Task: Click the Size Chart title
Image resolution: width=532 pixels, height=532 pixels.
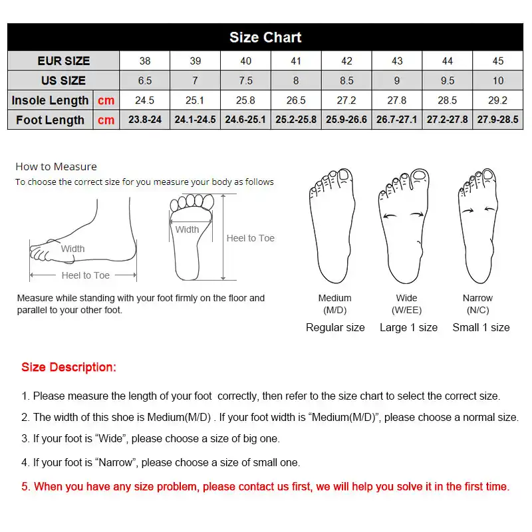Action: click(265, 37)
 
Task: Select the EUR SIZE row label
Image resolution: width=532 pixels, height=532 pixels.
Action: click(63, 61)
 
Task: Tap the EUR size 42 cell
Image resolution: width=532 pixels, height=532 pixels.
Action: click(346, 61)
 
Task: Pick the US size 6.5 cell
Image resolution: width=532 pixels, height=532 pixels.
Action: click(144, 80)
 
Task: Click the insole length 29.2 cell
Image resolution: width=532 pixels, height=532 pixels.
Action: click(497, 100)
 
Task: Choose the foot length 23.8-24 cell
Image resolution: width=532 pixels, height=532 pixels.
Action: click(144, 120)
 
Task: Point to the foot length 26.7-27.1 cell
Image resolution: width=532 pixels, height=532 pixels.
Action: click(396, 120)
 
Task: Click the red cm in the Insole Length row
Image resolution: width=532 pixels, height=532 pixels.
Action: click(106, 100)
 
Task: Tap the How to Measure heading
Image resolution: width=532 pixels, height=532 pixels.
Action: click(56, 166)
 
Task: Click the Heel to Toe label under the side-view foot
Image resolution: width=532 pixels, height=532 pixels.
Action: click(86, 275)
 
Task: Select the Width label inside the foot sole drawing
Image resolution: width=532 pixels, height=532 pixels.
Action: click(187, 229)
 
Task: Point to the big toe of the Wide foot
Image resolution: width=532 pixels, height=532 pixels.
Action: click(420, 176)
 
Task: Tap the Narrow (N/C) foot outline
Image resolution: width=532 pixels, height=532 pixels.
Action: click(478, 226)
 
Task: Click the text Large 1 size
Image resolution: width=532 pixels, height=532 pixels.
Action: click(408, 327)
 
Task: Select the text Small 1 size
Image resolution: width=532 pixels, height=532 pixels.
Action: click(481, 327)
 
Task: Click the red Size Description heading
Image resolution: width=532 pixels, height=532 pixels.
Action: click(68, 367)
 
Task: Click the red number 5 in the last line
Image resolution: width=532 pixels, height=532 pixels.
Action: click(25, 487)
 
